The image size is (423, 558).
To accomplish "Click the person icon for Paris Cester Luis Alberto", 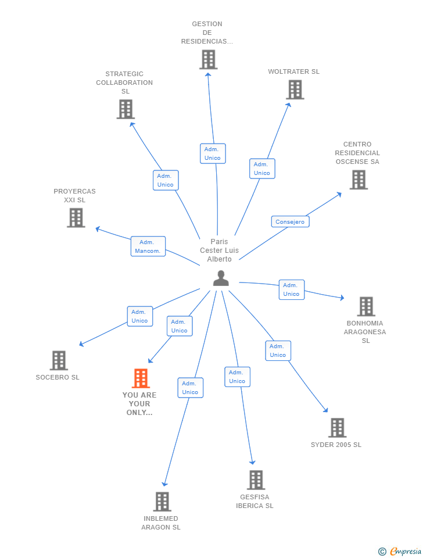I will coord(221,278).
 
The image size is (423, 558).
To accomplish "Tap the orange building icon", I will coord(141,378).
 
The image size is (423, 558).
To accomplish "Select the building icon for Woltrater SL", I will coord(295,90).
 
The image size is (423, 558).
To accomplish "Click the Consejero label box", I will coord(290,221).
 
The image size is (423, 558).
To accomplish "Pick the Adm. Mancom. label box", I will coord(148,246).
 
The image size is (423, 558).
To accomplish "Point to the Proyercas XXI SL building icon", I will coord(76,217).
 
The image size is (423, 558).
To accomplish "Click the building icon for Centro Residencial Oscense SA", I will coord(359,180).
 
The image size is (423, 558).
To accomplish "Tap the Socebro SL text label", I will coord(58,377).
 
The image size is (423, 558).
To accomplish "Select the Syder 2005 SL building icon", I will coord(337,428).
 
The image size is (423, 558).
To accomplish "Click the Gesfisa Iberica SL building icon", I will coord(256,480).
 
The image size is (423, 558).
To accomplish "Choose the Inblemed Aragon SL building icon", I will coord(162,502).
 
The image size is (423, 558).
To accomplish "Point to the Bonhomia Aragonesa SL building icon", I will coord(365,306).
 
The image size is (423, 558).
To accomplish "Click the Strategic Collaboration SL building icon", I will coord(126,109).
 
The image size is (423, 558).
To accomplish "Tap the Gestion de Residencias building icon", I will coord(208,59).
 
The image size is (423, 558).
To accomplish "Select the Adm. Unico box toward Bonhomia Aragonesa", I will coord(291,289).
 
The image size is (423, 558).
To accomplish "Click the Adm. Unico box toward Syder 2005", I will coord(278,350).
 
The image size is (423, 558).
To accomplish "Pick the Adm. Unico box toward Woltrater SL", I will coord(262,169).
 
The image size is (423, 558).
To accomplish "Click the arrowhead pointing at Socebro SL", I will coord(81,345).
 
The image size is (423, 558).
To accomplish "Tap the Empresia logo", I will coord(400,551).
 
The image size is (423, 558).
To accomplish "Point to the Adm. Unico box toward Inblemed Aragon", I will coord(190,388).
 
